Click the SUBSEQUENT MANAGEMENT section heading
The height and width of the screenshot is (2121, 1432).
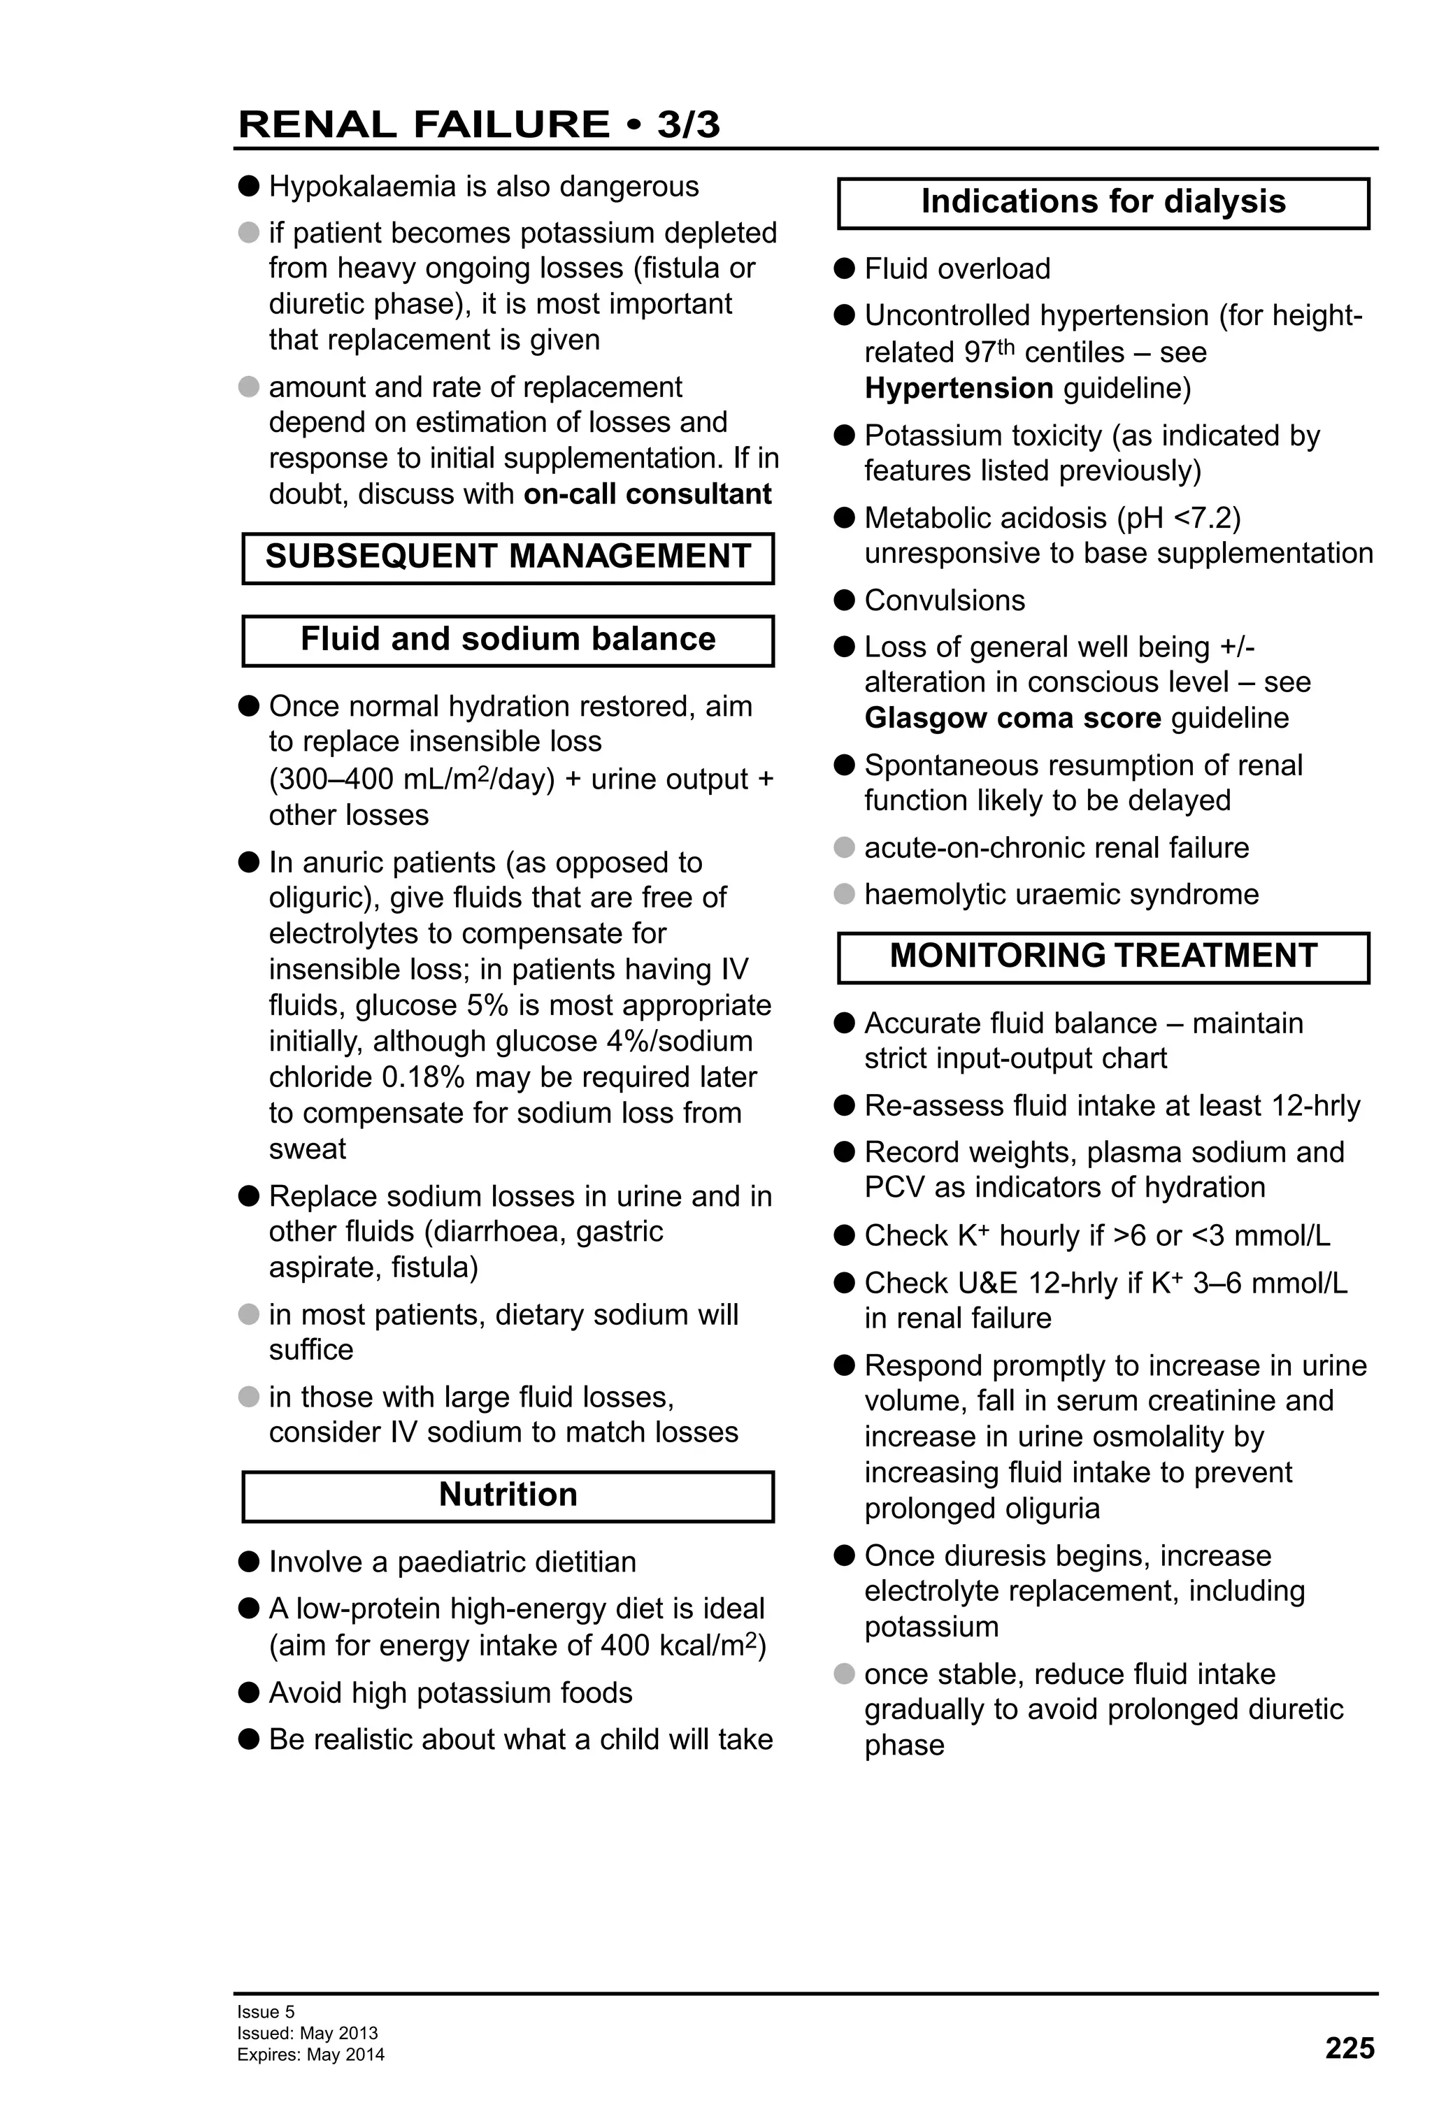(508, 556)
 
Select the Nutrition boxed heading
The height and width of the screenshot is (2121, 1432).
(508, 1494)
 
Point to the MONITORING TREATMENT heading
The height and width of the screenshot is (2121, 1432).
(1103, 956)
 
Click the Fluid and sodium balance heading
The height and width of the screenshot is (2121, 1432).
(508, 639)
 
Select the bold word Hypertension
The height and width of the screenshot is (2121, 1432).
(959, 388)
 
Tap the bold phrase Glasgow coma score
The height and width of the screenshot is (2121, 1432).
(1012, 717)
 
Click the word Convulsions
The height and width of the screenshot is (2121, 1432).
(945, 601)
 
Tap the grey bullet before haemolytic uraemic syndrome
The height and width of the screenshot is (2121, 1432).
(844, 893)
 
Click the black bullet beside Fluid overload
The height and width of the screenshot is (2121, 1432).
(844, 268)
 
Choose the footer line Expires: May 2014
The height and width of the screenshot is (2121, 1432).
(310, 2055)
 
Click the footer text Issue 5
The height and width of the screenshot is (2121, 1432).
(266, 2011)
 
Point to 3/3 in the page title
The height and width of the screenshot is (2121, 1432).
(688, 124)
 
